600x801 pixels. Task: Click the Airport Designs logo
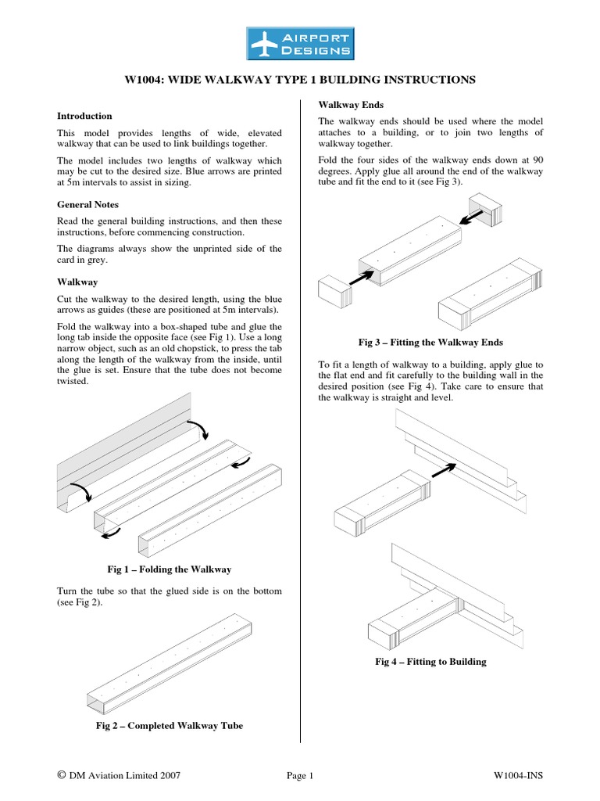(300, 44)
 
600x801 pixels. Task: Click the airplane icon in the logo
(265, 44)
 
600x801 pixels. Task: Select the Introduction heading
(85, 116)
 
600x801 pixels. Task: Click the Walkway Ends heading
(350, 104)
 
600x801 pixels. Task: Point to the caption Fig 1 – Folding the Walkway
(170, 569)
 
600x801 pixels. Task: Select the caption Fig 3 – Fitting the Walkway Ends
(430, 342)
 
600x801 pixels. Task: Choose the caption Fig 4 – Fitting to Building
(430, 662)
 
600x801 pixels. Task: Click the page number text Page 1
(300, 775)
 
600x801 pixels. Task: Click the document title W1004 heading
(300, 80)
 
